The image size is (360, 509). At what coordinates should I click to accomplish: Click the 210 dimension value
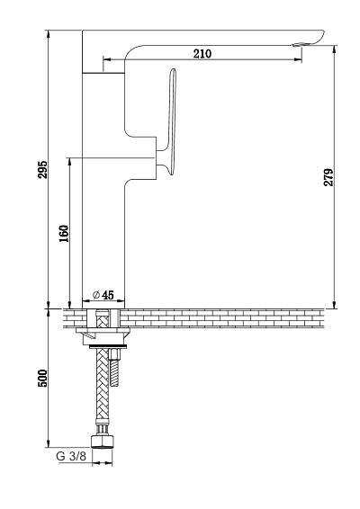pyautogui.click(x=202, y=54)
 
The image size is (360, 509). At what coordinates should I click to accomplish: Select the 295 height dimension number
pyautogui.click(x=42, y=169)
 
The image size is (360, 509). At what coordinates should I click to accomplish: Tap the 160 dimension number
pyautogui.click(x=63, y=232)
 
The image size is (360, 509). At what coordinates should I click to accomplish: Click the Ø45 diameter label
pyautogui.click(x=103, y=294)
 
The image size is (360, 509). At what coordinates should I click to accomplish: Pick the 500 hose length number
pyautogui.click(x=42, y=378)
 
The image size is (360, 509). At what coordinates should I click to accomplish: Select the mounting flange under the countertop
pyautogui.click(x=105, y=338)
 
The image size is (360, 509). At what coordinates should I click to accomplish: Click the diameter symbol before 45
pyautogui.click(x=95, y=294)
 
